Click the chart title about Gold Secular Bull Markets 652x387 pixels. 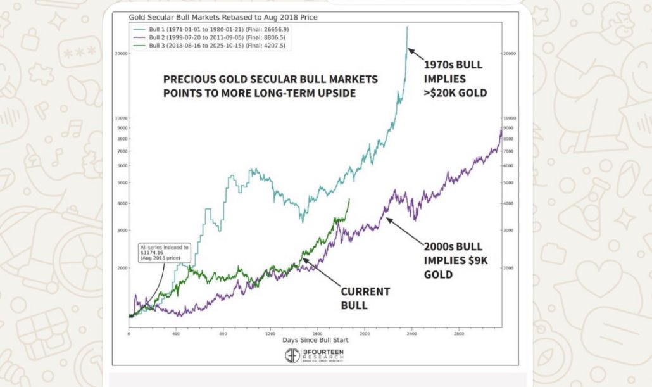(223, 17)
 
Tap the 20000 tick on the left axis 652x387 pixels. (120, 54)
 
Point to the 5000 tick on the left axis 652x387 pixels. (122, 182)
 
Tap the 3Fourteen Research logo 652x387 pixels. (314, 355)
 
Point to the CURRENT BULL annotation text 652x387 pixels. (365, 298)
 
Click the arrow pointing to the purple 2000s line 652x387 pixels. (406, 231)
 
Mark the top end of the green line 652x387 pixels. (349, 199)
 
